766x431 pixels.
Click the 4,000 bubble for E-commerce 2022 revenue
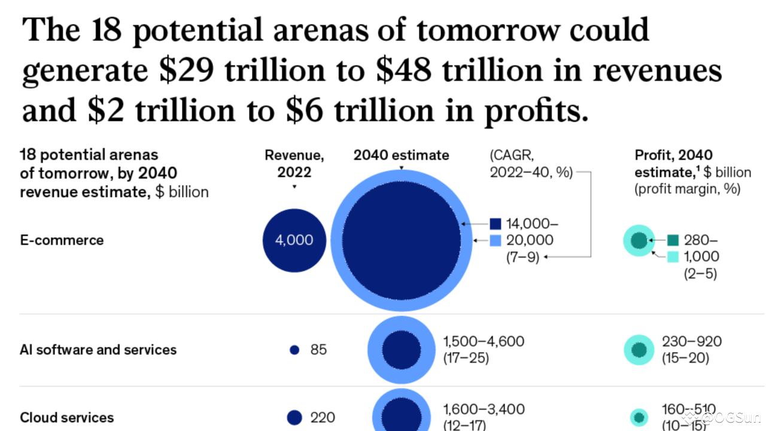294,241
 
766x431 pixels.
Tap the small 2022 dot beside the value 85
294,350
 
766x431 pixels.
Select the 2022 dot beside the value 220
294,417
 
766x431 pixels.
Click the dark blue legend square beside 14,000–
496,224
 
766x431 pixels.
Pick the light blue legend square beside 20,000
496,241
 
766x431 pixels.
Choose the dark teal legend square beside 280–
673,241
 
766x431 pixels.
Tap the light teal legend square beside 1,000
673,257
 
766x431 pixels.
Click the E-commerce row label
62,240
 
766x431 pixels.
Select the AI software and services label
98,350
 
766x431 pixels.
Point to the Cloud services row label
66,418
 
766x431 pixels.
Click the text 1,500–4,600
484,341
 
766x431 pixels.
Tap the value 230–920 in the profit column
692,341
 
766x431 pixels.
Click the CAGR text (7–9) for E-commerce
522,257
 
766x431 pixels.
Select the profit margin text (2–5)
700,274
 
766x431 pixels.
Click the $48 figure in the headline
403,70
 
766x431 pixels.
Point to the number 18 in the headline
107,30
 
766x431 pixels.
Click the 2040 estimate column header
401,155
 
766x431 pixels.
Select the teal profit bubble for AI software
639,350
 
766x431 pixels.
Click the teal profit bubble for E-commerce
639,241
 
